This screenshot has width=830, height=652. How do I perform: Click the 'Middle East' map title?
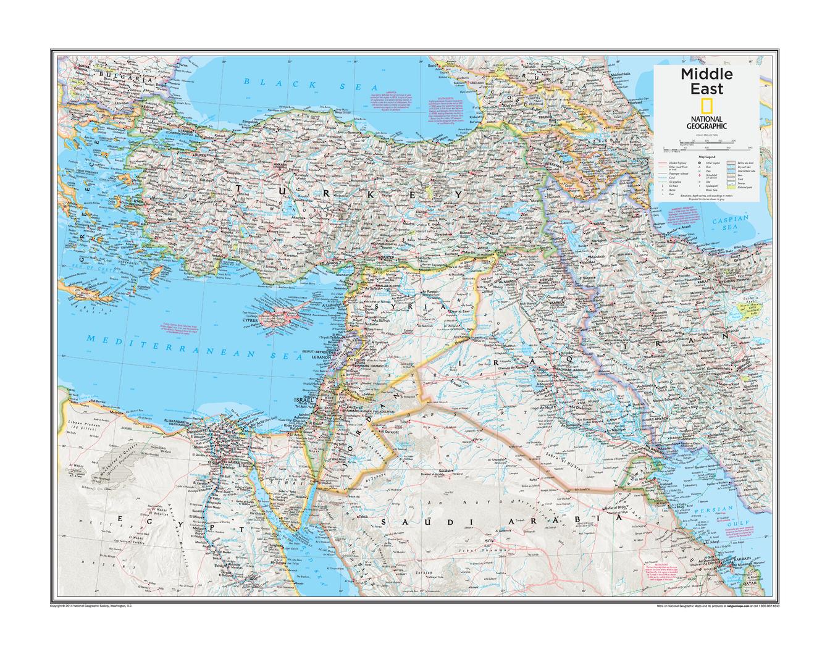[706, 81]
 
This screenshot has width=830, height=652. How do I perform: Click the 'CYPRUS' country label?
[249, 321]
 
